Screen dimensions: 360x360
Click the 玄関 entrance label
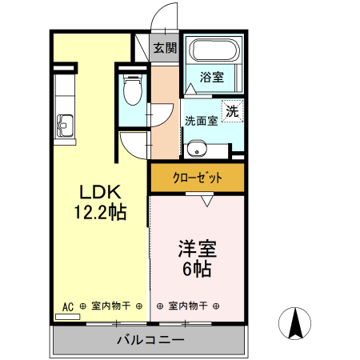click(166, 48)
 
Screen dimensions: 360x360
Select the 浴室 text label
click(211, 78)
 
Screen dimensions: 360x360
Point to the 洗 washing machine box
click(232, 112)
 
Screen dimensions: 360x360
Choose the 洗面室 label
click(202, 122)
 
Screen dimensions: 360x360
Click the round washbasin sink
click(196, 148)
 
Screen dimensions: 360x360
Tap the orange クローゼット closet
click(197, 178)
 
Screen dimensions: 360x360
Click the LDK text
click(99, 193)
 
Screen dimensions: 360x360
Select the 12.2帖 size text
click(99, 213)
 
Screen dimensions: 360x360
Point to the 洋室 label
click(197, 249)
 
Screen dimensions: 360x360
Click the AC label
click(67, 306)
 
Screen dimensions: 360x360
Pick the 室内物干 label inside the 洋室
click(188, 306)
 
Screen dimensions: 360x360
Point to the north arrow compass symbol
click(295, 323)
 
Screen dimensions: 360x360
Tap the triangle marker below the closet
click(207, 202)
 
